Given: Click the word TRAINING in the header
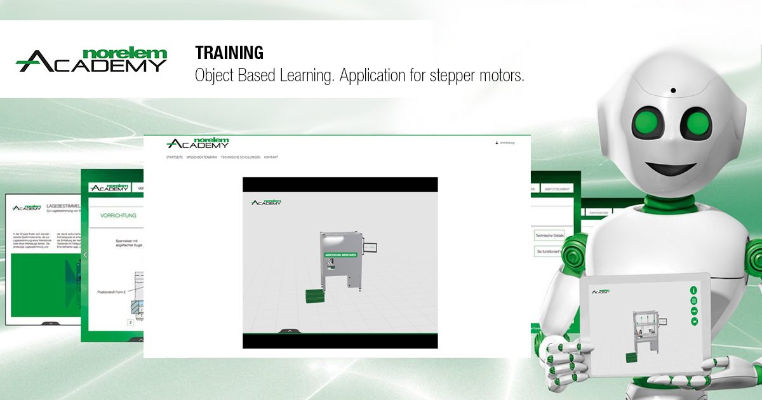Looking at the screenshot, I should pyautogui.click(x=229, y=53).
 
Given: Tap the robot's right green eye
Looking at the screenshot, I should pyautogui.click(x=698, y=121).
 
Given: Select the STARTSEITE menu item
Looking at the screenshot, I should pyautogui.click(x=175, y=157).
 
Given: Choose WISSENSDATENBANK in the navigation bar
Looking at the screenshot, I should pyautogui.click(x=202, y=157).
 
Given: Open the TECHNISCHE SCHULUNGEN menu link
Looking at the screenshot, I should pyautogui.click(x=241, y=157).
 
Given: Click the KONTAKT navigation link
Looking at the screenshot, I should pyautogui.click(x=271, y=157).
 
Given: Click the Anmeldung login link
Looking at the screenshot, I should pyautogui.click(x=505, y=143).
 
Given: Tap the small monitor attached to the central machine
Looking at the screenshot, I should pyautogui.click(x=371, y=248).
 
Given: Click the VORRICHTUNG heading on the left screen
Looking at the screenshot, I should pyautogui.click(x=119, y=216).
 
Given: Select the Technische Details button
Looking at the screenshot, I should pyautogui.click(x=549, y=235).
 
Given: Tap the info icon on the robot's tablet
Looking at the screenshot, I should pyautogui.click(x=694, y=290).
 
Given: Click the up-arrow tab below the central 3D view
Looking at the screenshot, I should pyautogui.click(x=290, y=331).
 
